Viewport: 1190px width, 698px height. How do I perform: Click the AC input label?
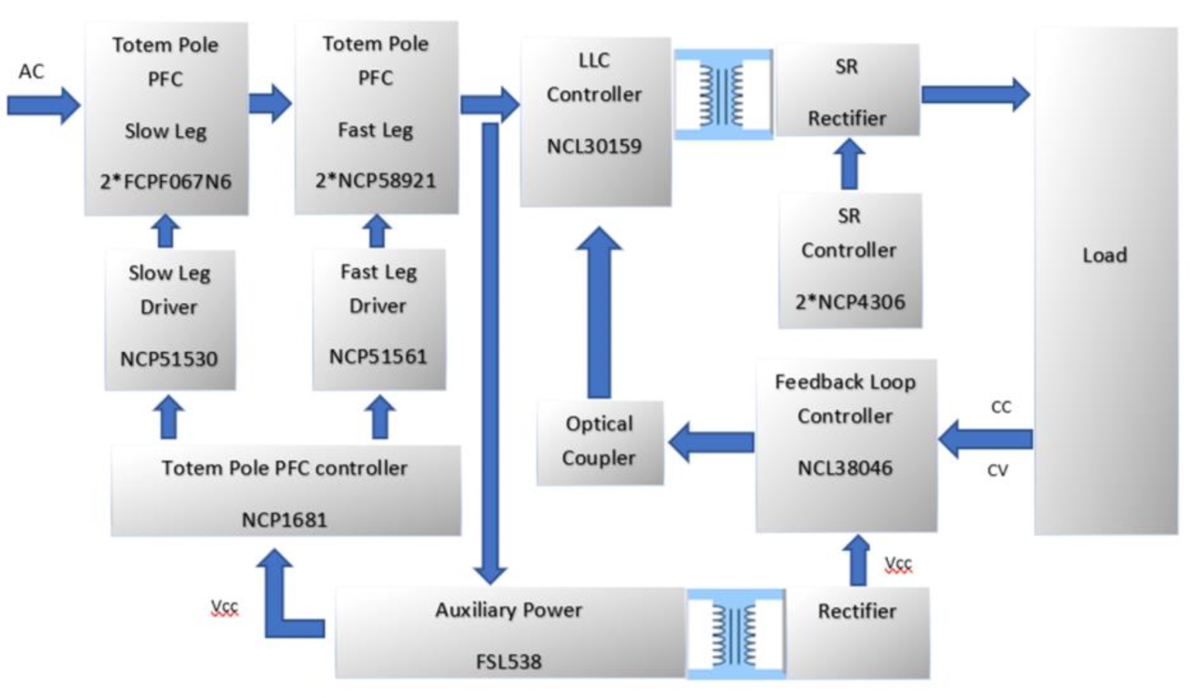(32, 72)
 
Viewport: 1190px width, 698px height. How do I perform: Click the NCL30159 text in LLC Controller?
(594, 146)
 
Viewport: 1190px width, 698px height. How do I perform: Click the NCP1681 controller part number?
(284, 520)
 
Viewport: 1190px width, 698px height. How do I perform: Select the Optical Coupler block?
(600, 441)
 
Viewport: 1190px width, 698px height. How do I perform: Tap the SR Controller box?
(849, 260)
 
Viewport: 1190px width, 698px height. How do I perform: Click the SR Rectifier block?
(846, 91)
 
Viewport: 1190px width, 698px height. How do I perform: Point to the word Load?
(1104, 256)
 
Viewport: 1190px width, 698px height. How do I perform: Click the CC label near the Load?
(1000, 407)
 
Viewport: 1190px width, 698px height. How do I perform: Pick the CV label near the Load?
(998, 470)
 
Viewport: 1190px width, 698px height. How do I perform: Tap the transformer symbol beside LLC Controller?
(722, 94)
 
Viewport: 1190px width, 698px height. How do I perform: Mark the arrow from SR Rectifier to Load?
(974, 94)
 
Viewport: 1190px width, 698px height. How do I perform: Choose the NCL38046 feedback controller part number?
(845, 468)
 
